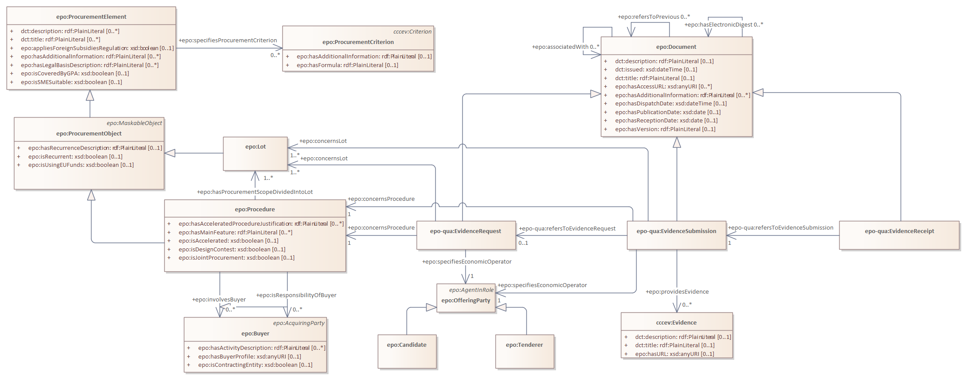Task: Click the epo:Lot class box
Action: (255, 154)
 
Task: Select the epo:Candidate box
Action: (407, 351)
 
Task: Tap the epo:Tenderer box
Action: (525, 351)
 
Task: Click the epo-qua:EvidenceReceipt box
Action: (899, 235)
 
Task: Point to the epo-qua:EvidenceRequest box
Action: (466, 235)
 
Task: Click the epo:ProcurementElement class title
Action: (92, 17)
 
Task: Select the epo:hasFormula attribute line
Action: (347, 65)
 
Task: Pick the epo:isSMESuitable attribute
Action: (71, 82)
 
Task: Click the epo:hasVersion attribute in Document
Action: (665, 129)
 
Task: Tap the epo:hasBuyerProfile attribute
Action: (249, 356)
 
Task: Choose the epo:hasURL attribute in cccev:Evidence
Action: (675, 354)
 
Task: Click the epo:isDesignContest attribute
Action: (232, 249)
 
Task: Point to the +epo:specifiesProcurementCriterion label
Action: (228, 40)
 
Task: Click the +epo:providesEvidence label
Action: (677, 291)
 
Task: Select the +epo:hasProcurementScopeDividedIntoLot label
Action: (255, 192)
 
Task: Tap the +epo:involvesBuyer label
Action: (219, 299)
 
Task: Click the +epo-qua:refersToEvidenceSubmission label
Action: (781, 227)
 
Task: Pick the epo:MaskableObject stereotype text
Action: (134, 123)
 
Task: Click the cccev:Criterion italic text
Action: (412, 31)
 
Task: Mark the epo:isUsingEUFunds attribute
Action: (81, 165)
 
